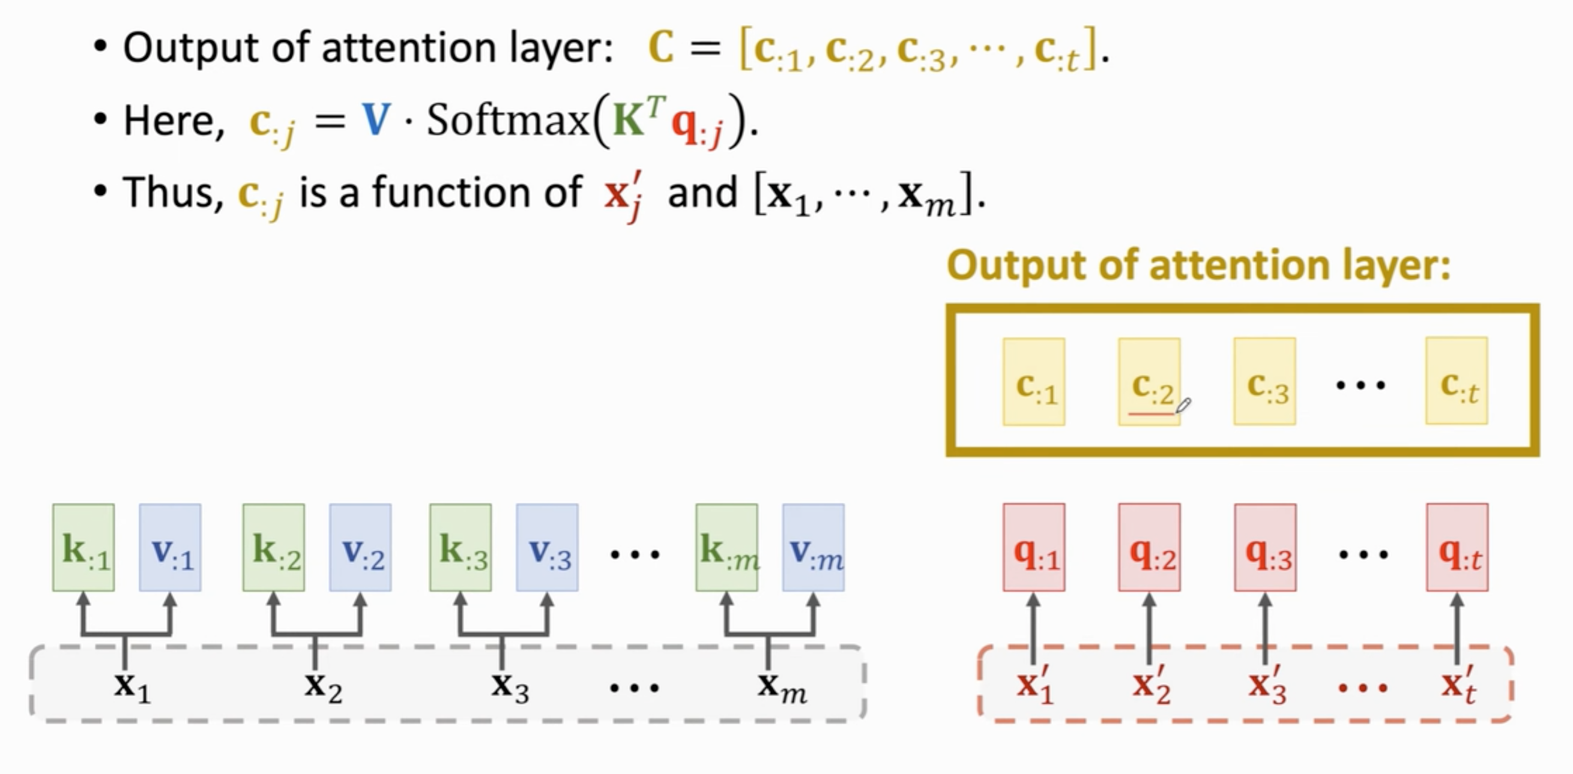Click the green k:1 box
pyautogui.click(x=83, y=547)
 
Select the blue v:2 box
pyautogui.click(x=360, y=547)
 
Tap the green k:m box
pyautogui.click(x=726, y=547)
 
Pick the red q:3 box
pyautogui.click(x=1265, y=547)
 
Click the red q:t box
pyautogui.click(x=1457, y=547)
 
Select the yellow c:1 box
pyautogui.click(x=1034, y=382)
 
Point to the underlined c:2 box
pyautogui.click(x=1149, y=382)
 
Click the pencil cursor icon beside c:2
pyautogui.click(x=1183, y=406)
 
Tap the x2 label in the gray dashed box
pyautogui.click(x=323, y=686)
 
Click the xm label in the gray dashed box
pyautogui.click(x=781, y=686)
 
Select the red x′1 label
pyautogui.click(x=1034, y=685)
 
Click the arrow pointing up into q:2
pyautogui.click(x=1149, y=629)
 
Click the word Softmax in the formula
pyautogui.click(x=507, y=120)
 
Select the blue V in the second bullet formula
pyautogui.click(x=376, y=120)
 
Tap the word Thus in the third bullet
pyautogui.click(x=173, y=192)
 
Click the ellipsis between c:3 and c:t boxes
pyautogui.click(x=1360, y=385)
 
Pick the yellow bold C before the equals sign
pyautogui.click(x=660, y=47)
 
